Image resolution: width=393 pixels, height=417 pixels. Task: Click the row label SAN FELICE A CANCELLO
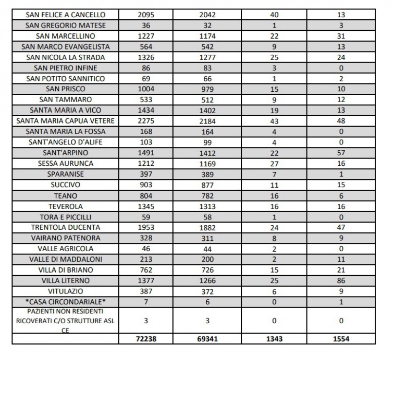(65, 15)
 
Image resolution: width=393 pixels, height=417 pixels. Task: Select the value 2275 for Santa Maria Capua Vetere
(146, 121)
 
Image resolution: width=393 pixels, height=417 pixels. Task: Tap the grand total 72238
(146, 339)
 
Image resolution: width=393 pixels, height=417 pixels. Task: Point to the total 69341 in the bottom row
(207, 339)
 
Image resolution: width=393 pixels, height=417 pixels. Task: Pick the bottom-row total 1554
(341, 339)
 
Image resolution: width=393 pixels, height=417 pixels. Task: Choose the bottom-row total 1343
(274, 339)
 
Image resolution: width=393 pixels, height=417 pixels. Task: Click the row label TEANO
(65, 195)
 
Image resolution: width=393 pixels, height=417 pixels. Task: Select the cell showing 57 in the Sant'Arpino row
(341, 153)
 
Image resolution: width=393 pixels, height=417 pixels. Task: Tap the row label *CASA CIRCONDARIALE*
(65, 302)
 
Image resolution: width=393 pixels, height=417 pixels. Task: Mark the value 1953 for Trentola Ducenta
(146, 227)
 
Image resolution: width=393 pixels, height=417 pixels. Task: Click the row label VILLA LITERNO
(65, 280)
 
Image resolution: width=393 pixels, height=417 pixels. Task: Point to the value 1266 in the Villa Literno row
(207, 280)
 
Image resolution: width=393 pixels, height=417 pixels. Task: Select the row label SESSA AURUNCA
(65, 164)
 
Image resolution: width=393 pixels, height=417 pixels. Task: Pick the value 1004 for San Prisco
(146, 89)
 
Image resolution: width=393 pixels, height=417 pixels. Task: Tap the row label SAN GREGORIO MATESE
(65, 26)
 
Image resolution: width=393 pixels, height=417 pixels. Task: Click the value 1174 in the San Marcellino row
(207, 36)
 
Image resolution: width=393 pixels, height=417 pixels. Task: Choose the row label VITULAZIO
(65, 291)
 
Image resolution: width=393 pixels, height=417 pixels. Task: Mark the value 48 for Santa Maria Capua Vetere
(341, 121)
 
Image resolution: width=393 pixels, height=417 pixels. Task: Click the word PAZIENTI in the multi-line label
(33, 311)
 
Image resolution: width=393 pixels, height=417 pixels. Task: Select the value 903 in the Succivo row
(146, 185)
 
